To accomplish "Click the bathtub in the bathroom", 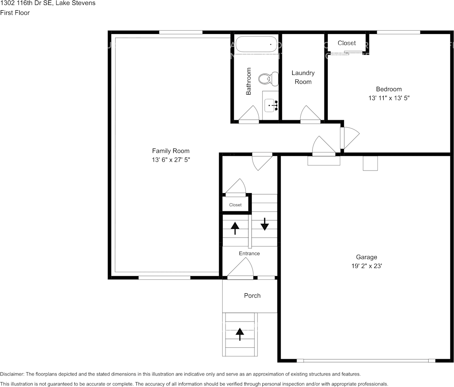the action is click(256, 44).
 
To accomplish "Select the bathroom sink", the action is click(271, 105).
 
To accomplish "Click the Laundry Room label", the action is click(303, 77).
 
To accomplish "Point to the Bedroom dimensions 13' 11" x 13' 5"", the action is click(389, 98).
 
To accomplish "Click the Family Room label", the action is click(171, 151).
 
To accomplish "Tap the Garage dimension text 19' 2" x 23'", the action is click(367, 266).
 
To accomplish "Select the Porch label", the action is click(252, 296).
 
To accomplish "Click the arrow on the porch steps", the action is click(240, 334).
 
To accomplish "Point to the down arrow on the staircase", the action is click(265, 224).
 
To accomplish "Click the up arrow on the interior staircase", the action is click(235, 228).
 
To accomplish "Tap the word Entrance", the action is click(249, 253).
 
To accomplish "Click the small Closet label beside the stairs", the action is click(235, 205).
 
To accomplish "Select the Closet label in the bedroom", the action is click(347, 43).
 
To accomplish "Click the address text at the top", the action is click(48, 4).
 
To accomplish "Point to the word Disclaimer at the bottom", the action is click(12, 374).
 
